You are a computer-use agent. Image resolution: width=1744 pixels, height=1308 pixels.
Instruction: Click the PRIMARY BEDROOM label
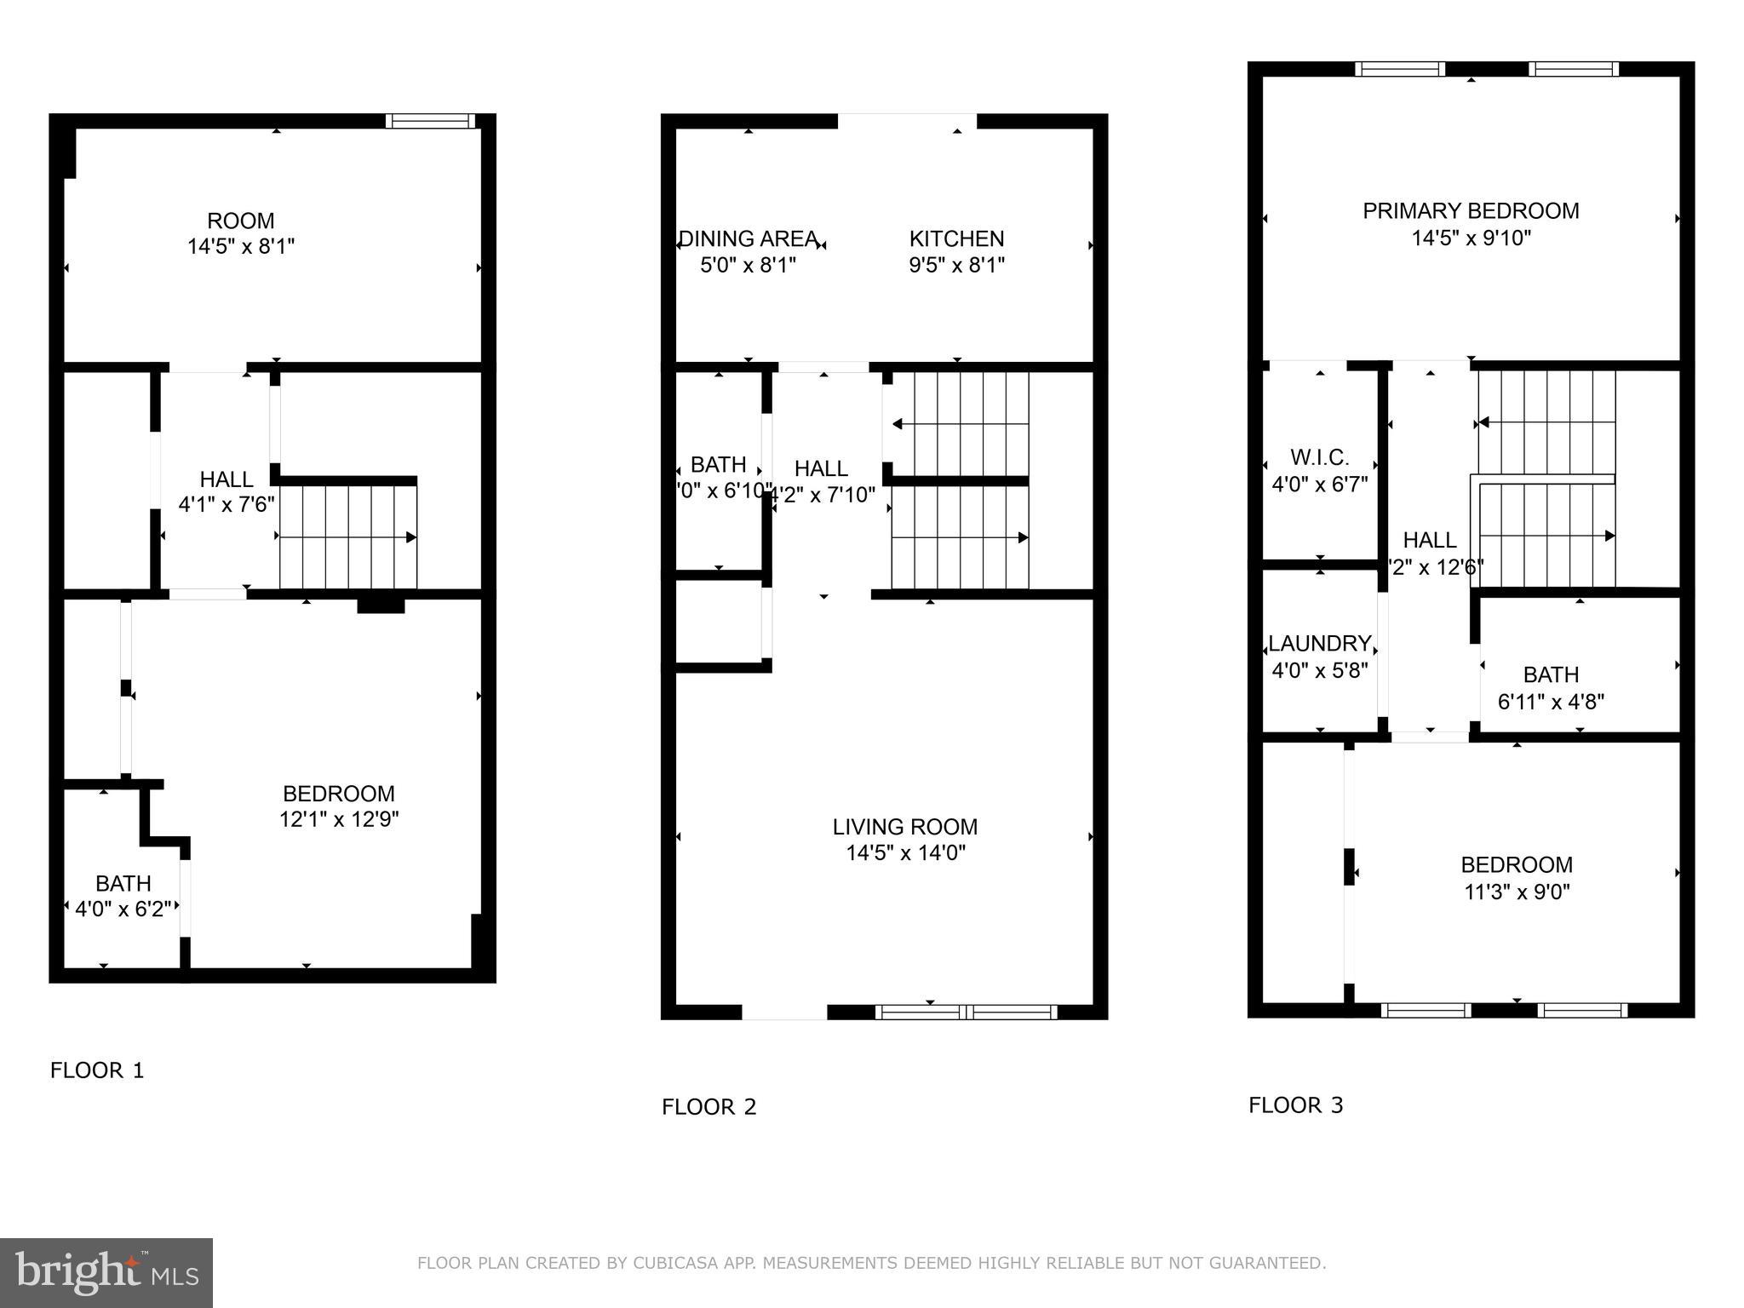pyautogui.click(x=1471, y=211)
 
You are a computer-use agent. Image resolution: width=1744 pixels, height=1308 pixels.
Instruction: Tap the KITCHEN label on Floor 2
pyautogui.click(x=956, y=238)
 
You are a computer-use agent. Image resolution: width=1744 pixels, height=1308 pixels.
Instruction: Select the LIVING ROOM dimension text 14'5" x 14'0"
pyautogui.click(x=905, y=852)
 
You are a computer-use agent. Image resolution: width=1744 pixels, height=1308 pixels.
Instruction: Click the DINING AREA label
pyautogui.click(x=748, y=238)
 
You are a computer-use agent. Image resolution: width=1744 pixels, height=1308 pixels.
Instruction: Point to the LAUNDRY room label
pyautogui.click(x=1319, y=644)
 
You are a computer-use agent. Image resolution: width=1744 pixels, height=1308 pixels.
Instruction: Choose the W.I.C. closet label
pyautogui.click(x=1319, y=458)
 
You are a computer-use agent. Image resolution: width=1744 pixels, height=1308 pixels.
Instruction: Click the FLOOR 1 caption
pyautogui.click(x=97, y=1070)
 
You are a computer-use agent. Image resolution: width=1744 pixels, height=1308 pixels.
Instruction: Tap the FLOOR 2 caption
pyautogui.click(x=708, y=1107)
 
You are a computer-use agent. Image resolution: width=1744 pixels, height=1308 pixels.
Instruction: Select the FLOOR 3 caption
pyautogui.click(x=1295, y=1105)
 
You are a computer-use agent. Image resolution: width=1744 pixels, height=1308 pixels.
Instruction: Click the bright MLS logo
pyautogui.click(x=106, y=1272)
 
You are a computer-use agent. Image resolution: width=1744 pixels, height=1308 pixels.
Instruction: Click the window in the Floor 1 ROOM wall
pyautogui.click(x=430, y=121)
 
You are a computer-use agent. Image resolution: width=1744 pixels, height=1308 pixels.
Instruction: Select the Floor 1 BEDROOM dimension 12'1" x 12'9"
pyautogui.click(x=339, y=819)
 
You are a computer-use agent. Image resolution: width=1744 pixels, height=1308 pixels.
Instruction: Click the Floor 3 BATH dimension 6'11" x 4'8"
pyautogui.click(x=1551, y=702)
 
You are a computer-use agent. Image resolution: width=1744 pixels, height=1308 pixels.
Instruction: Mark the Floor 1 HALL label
pyautogui.click(x=226, y=479)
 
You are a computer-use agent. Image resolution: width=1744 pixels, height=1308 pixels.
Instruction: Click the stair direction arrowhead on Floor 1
pyautogui.click(x=411, y=537)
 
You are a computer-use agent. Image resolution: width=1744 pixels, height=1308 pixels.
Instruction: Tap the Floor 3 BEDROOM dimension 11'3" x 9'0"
pyautogui.click(x=1517, y=892)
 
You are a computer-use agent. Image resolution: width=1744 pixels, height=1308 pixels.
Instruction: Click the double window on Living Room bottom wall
pyautogui.click(x=966, y=1012)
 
